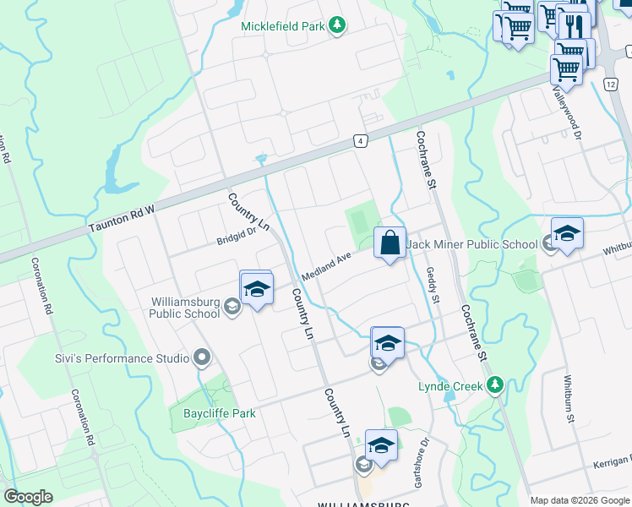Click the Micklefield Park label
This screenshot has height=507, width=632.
pyautogui.click(x=282, y=26)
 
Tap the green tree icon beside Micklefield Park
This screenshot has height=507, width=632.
pyautogui.click(x=337, y=25)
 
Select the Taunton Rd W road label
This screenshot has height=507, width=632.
pyautogui.click(x=123, y=218)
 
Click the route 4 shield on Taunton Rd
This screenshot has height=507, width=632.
pyautogui.click(x=360, y=141)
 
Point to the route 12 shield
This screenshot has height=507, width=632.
pyautogui.click(x=611, y=84)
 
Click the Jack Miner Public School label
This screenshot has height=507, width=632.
pyautogui.click(x=472, y=245)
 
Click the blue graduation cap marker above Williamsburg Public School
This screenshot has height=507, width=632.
pyautogui.click(x=256, y=288)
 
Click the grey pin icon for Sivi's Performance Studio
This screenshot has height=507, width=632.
pyautogui.click(x=201, y=358)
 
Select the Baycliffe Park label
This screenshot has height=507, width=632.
pyautogui.click(x=219, y=413)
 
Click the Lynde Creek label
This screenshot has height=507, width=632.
pyautogui.click(x=450, y=386)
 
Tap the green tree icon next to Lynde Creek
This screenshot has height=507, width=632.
pyautogui.click(x=496, y=385)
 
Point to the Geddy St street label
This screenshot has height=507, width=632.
pyautogui.click(x=433, y=286)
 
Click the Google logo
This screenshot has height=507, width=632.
pyautogui.click(x=28, y=497)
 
